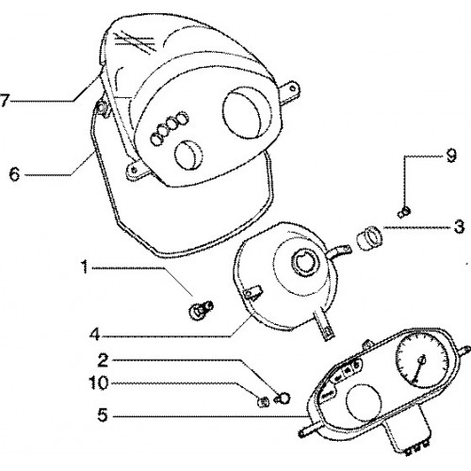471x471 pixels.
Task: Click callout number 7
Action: (x=4, y=101)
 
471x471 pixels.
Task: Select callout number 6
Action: (x=14, y=174)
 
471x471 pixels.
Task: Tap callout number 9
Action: (x=451, y=155)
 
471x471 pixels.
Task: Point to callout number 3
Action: (x=460, y=227)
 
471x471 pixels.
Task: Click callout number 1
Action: (x=84, y=268)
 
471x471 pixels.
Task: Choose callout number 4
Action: (x=94, y=335)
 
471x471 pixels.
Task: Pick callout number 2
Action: (x=103, y=360)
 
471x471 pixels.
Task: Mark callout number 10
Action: (x=99, y=382)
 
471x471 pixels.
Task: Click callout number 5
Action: (x=103, y=415)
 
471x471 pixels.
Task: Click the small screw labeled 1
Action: (x=201, y=310)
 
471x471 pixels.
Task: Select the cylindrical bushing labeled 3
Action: (x=369, y=238)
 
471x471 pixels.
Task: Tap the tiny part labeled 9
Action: (x=404, y=212)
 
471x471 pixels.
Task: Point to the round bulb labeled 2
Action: (x=283, y=399)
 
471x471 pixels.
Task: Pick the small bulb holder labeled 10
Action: (x=264, y=401)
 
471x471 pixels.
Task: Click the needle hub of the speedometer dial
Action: (x=422, y=360)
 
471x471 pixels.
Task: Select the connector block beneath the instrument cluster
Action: (x=408, y=433)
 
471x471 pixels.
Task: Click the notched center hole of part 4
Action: (x=304, y=263)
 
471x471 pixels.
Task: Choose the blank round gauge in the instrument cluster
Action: (x=364, y=402)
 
